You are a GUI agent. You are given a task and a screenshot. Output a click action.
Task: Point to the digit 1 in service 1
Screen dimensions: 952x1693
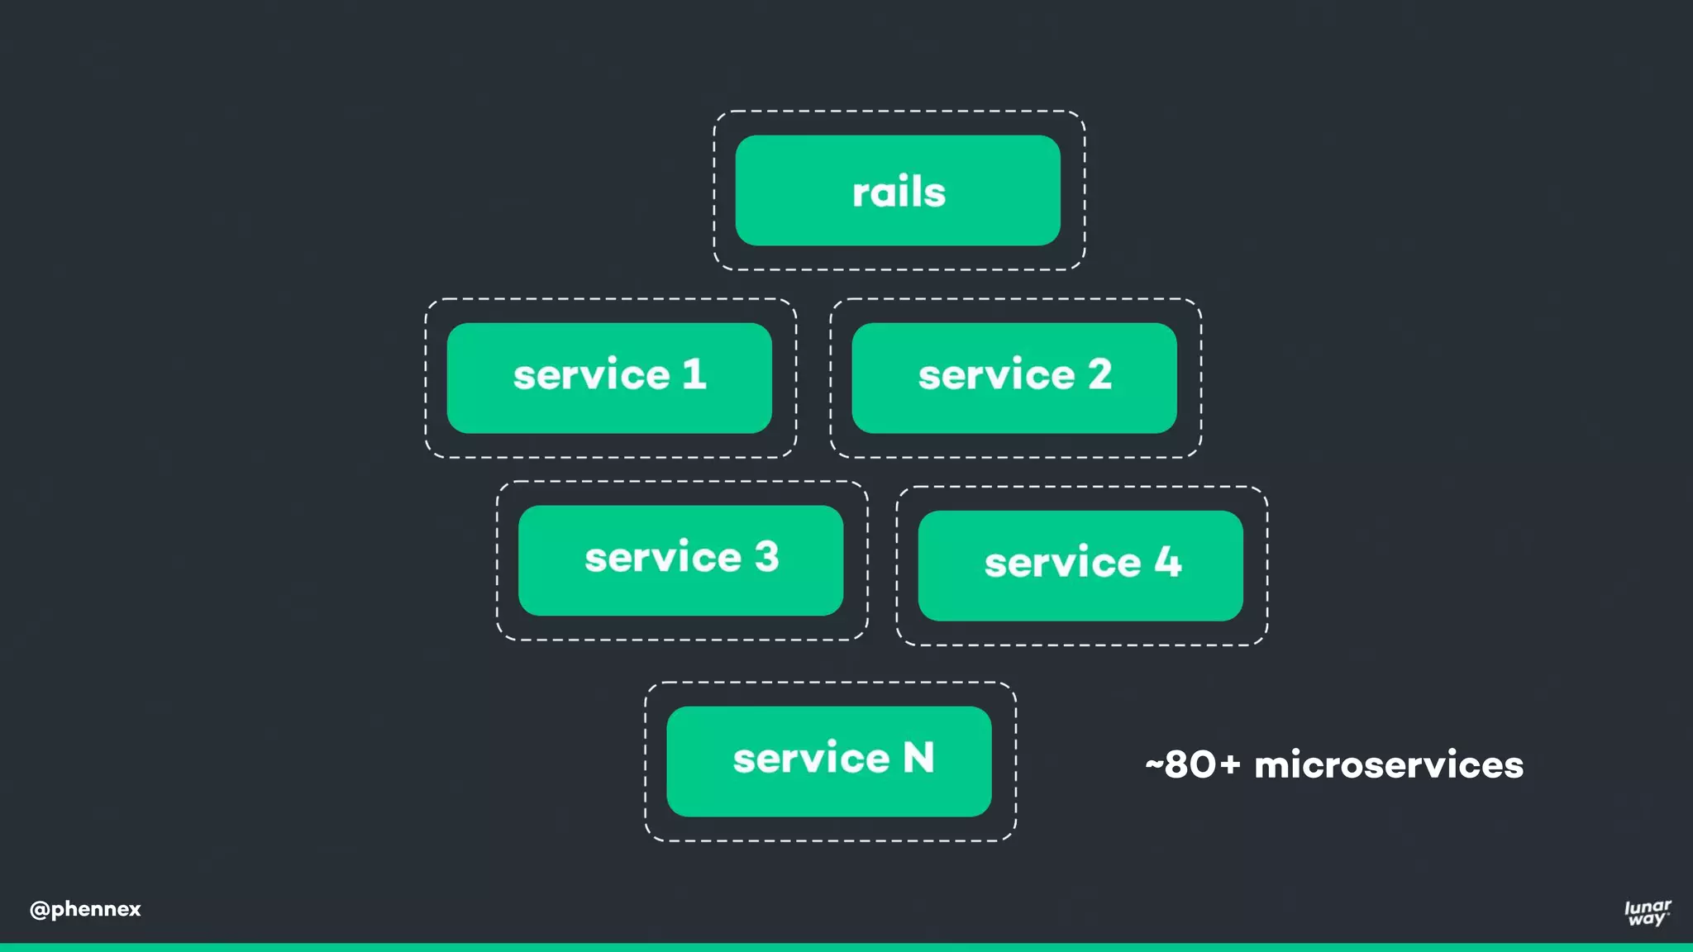(x=695, y=374)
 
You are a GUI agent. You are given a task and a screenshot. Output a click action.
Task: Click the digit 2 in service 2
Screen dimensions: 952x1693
(x=1099, y=374)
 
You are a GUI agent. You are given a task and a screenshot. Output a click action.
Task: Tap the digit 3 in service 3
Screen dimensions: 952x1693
(x=766, y=556)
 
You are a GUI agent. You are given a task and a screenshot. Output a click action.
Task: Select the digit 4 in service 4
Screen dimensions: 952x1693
(x=1168, y=561)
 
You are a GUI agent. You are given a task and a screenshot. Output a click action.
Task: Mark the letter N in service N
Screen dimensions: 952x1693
(x=918, y=757)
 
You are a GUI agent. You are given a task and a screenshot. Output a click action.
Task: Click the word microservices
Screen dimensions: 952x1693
(x=1389, y=765)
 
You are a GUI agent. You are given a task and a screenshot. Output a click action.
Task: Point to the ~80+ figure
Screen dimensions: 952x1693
(x=1193, y=764)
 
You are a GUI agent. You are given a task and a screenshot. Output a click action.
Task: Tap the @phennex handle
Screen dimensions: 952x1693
(x=85, y=909)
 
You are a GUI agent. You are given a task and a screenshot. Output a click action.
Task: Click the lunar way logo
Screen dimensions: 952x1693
(x=1648, y=912)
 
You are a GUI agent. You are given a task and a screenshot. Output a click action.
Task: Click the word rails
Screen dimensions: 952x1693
(x=899, y=192)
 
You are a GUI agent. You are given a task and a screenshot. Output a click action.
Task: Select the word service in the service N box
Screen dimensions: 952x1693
(x=811, y=759)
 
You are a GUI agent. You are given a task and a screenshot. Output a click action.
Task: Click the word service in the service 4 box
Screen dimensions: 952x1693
(x=1062, y=563)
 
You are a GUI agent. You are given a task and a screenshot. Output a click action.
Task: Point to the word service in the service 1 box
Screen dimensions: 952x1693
(x=591, y=375)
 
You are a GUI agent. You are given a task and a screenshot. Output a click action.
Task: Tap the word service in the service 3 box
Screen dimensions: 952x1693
(x=663, y=558)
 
